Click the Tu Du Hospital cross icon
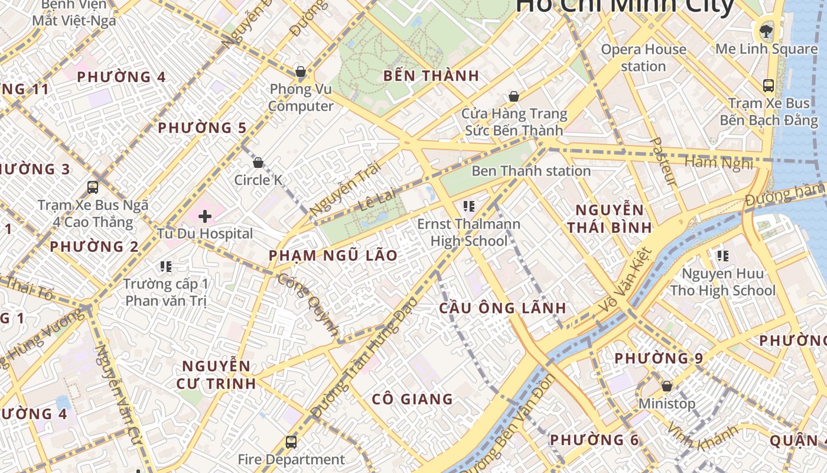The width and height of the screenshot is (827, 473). pyautogui.click(x=205, y=216)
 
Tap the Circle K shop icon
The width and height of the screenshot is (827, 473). pyautogui.click(x=258, y=163)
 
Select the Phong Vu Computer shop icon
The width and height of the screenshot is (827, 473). pyautogui.click(x=301, y=72)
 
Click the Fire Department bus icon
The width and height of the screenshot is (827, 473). pyautogui.click(x=291, y=442)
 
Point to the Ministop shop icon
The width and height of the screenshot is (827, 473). pyautogui.click(x=667, y=386)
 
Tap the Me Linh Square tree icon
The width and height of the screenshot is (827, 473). pyautogui.click(x=766, y=30)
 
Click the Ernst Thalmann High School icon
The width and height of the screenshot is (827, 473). pyautogui.click(x=469, y=206)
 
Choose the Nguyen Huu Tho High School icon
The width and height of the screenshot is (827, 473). pyautogui.click(x=722, y=256)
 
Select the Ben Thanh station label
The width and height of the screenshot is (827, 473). pyautogui.click(x=530, y=171)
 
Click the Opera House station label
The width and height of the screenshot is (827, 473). pyautogui.click(x=643, y=57)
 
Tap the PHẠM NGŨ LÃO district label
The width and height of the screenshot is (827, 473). pyautogui.click(x=333, y=255)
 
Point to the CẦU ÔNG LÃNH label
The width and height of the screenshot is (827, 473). pyautogui.click(x=503, y=307)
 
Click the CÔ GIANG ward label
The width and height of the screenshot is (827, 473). pyautogui.click(x=412, y=399)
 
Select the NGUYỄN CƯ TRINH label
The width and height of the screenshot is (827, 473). pyautogui.click(x=216, y=374)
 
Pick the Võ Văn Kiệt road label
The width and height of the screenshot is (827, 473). pyautogui.click(x=625, y=281)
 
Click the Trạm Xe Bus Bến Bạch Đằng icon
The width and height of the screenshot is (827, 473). pyautogui.click(x=768, y=86)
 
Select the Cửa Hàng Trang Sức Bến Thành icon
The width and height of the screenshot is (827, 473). pyautogui.click(x=514, y=96)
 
